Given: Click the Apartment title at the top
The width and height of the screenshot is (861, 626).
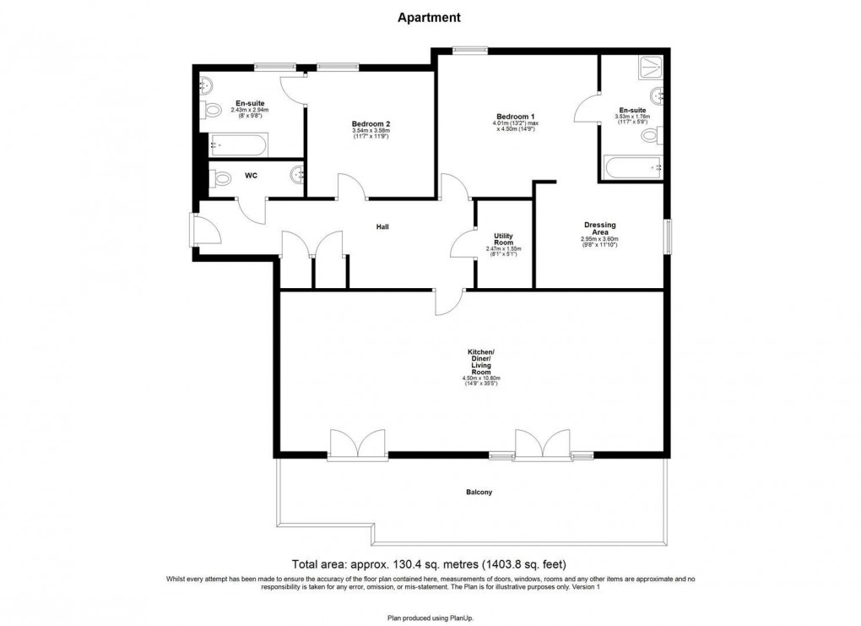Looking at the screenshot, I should pos(430,17).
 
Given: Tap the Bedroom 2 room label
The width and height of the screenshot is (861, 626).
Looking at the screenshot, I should pos(371,123).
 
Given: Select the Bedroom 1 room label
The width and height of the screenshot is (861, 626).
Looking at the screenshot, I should pos(515,116).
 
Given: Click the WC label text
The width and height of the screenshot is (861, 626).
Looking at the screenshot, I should pos(251,176).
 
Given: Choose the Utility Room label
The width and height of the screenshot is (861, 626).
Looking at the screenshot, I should pos(503,239).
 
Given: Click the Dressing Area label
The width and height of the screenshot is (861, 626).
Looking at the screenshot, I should pos(599,228).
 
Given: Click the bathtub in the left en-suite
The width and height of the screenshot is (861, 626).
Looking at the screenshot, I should pos(239,144).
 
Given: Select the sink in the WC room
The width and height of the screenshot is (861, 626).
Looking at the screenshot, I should pos(296,175).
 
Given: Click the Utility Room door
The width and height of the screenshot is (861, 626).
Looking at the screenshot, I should pos(464,245).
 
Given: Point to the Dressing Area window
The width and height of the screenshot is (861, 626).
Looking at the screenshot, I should pos(667,236).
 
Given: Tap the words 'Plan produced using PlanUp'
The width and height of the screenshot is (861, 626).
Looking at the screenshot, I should pos(430,618).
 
